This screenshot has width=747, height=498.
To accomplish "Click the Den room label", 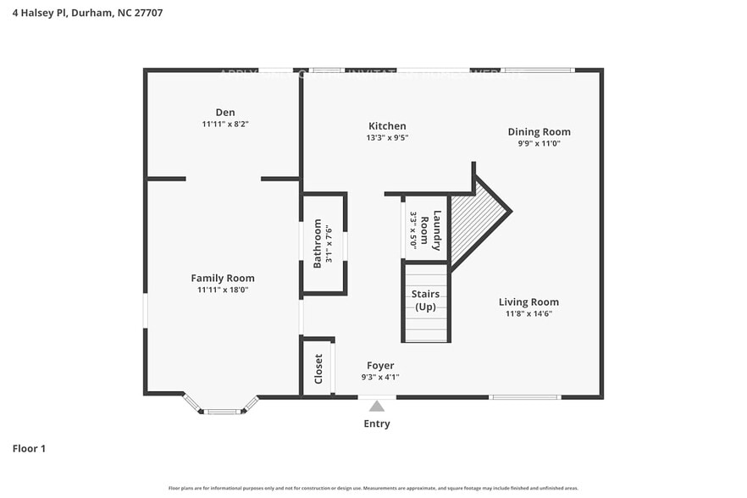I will click(x=224, y=113).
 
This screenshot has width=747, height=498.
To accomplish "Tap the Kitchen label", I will click(x=386, y=126).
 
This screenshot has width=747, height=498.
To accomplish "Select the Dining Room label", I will click(x=539, y=132).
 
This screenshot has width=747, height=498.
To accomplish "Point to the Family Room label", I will click(x=222, y=279).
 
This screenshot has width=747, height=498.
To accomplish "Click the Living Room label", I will click(x=528, y=302).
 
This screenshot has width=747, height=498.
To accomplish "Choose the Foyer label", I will click(x=380, y=366).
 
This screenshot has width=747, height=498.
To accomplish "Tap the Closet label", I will click(x=318, y=369).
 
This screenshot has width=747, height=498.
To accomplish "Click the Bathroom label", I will click(x=318, y=244).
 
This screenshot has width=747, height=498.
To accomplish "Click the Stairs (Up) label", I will click(x=424, y=301).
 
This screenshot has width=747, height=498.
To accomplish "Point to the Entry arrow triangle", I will click(x=377, y=407).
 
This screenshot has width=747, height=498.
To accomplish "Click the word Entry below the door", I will click(x=377, y=424).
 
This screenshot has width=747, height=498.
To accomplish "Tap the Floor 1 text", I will click(x=29, y=448).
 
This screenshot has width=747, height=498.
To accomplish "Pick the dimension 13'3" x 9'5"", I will click(x=387, y=137).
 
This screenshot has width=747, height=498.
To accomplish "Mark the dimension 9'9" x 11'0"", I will click(x=539, y=143).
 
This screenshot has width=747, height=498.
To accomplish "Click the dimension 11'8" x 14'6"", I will click(x=528, y=313).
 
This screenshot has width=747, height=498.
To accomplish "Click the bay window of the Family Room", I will click(x=222, y=410).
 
